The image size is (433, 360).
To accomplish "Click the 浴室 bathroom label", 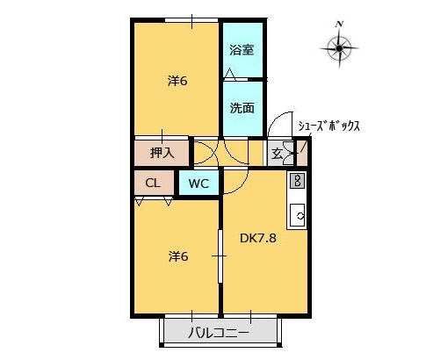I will (x=242, y=51).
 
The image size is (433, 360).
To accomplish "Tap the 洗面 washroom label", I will (x=242, y=109).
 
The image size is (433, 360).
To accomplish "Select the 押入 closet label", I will (x=162, y=153).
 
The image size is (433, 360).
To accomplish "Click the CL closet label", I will (x=153, y=184).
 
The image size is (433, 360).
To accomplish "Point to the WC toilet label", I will (x=198, y=184).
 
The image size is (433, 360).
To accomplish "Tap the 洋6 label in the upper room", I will (x=178, y=82).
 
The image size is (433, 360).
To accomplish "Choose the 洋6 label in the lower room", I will (x=178, y=256).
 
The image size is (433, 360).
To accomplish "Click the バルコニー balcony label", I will (x=220, y=334).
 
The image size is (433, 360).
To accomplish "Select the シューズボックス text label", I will (x=328, y=126).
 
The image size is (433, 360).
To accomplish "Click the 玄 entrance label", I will (x=277, y=154).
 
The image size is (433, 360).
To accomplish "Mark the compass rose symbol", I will (x=339, y=45).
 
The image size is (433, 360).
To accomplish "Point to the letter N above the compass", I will (x=339, y=21).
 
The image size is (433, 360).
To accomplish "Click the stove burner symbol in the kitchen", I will (x=297, y=181).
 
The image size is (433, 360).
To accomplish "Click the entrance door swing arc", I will (x=279, y=126).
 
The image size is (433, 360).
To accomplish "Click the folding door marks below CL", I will (x=154, y=201).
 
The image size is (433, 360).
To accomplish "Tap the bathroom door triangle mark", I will (x=228, y=74).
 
